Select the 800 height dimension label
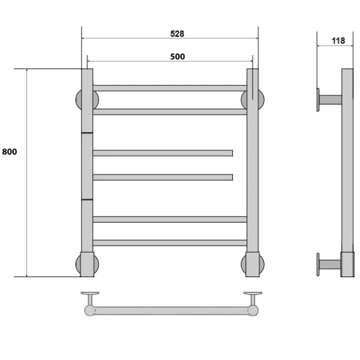pyautogui.click(x=10, y=152)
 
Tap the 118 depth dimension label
pyautogui.click(x=338, y=41)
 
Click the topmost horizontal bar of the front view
pyautogui.click(x=170, y=88)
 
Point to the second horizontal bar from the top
pyautogui.click(x=170, y=112)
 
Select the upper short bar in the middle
pyautogui.click(x=163, y=153)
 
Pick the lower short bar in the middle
pyautogui.click(x=163, y=177)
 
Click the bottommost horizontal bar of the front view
pyautogui.click(x=170, y=243)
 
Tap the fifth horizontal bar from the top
pyautogui.click(x=170, y=219)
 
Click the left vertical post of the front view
pyautogui.click(x=87, y=174)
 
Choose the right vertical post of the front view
pyautogui.click(x=253, y=174)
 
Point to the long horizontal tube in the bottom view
pyautogui.click(x=171, y=311)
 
